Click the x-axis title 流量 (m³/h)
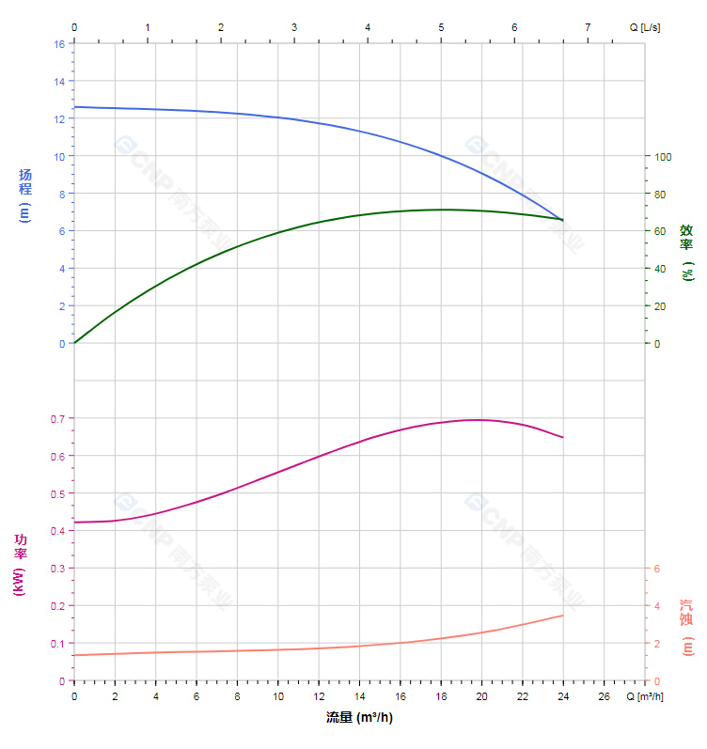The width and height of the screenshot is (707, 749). coord(359,718)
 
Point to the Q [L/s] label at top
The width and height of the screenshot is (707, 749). coord(645,27)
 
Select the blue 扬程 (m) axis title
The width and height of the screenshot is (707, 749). coord(25,194)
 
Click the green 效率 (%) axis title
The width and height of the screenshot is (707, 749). coord(687,252)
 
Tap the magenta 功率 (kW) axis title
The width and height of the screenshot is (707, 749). coord(20,564)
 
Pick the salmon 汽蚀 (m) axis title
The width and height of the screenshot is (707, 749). coord(687,628)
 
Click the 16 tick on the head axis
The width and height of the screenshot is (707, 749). coord(59,44)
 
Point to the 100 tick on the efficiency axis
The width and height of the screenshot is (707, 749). coord(663,156)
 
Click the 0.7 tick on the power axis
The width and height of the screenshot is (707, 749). coord(57,418)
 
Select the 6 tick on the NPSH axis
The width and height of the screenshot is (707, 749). coord(657,569)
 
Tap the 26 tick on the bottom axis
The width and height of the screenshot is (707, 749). coord(604,696)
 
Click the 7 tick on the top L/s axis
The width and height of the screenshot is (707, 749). coord(588,27)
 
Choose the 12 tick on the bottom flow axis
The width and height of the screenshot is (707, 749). coord(319,696)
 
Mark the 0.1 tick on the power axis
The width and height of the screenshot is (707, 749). coord(57,644)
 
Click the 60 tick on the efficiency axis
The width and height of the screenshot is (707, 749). coord(660,231)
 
